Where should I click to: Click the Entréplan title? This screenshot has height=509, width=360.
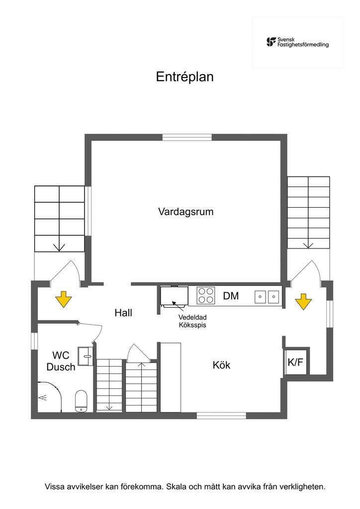184,77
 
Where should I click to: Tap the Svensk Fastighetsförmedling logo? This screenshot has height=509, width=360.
297,42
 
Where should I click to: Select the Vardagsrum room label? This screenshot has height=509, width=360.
185,212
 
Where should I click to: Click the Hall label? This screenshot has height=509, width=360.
123,313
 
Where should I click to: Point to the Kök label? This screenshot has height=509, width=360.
221,365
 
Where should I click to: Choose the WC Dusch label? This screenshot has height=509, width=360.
61,361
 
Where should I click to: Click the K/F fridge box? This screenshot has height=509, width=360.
295,362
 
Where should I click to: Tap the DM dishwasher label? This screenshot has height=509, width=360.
231,296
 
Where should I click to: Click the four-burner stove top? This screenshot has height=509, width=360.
206,296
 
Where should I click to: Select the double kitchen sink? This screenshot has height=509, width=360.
267,297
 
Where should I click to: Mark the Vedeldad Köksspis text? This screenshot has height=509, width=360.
192,321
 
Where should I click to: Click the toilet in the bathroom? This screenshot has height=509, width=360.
82,401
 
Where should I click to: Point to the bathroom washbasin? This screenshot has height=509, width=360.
87,354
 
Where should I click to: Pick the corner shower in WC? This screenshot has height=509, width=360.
48,397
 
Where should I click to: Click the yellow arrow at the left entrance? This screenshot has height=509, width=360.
63,300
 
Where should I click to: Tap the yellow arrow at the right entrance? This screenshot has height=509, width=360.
303,301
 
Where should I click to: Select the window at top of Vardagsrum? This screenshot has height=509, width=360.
187,138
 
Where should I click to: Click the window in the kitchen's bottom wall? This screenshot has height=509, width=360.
221,415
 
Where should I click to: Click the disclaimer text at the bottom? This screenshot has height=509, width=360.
184,486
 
